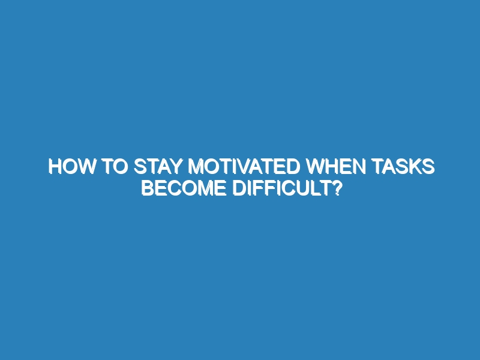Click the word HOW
click(71, 167)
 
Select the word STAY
click(158, 167)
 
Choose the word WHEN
click(336, 167)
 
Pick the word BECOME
click(184, 188)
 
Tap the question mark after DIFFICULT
click(337, 188)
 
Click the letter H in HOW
click(55, 167)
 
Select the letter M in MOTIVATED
click(196, 167)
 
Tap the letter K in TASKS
click(415, 167)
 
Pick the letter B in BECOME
click(148, 188)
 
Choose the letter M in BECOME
click(204, 188)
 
